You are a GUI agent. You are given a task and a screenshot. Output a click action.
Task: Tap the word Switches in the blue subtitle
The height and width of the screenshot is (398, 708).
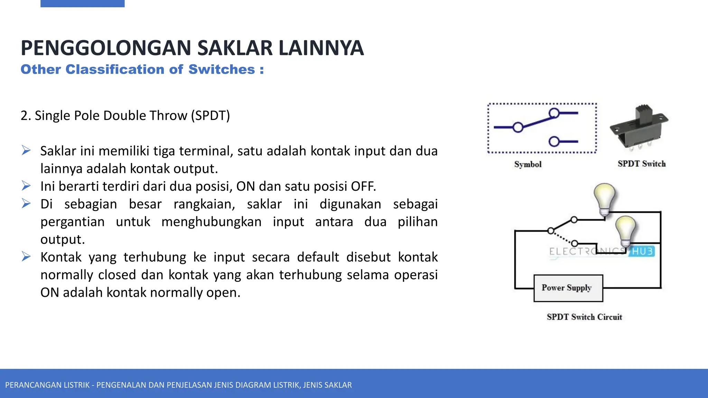coord(222,69)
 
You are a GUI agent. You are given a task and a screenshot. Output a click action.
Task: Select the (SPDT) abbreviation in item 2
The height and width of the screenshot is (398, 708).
coord(210,115)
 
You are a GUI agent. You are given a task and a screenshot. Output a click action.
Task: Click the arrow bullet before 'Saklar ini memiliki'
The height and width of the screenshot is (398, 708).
coord(26,151)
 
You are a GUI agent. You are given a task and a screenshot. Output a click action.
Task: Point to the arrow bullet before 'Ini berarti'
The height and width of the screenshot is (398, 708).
coord(26,186)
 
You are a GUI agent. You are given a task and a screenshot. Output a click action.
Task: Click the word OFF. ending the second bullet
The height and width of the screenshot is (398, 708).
coord(363,187)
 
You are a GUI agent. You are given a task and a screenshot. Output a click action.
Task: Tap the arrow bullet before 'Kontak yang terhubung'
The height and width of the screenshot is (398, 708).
coord(26,257)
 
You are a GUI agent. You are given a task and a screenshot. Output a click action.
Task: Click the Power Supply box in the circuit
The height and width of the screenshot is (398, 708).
coord(568,288)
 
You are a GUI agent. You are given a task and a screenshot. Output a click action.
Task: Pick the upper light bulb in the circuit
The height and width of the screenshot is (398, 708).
coord(605,198)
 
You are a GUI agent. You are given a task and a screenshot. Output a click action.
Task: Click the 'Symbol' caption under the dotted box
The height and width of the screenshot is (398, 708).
coord(528,164)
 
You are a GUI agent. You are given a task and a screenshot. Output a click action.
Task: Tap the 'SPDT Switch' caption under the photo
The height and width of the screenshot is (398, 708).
coord(642,164)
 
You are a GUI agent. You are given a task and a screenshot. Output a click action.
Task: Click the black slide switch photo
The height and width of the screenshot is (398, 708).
coord(639,127)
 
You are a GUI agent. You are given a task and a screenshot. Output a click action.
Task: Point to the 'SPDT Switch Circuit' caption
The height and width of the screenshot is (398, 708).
coord(584,317)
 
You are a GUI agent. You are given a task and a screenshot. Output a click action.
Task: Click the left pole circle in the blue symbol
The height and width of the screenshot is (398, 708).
coord(518,127)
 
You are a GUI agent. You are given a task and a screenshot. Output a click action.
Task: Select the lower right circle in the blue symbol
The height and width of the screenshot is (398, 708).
coord(554,142)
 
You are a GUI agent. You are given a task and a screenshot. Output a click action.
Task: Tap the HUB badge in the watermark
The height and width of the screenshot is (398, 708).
coord(642,251)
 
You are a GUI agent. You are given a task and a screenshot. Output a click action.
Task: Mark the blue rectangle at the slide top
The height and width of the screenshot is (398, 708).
coord(82,3)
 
